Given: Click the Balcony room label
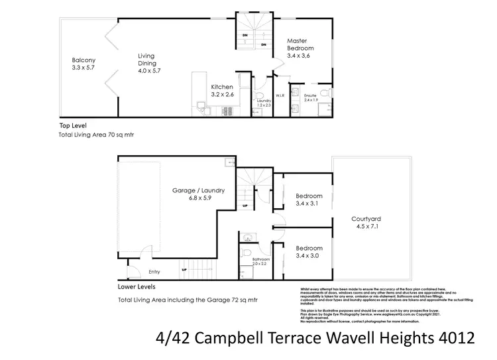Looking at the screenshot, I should [83, 64].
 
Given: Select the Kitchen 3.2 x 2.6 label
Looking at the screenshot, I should [222, 91].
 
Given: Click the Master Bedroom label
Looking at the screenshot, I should [300, 48].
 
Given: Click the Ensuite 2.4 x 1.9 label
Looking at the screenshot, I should [311, 98].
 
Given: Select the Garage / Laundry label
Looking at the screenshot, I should [198, 194].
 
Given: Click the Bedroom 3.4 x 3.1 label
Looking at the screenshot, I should [309, 200].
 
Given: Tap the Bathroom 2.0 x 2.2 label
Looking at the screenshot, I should [260, 261].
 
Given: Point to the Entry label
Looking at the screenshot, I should [154, 271].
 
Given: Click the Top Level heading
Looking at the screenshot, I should [73, 125].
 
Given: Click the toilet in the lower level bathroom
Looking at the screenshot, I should [245, 253].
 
